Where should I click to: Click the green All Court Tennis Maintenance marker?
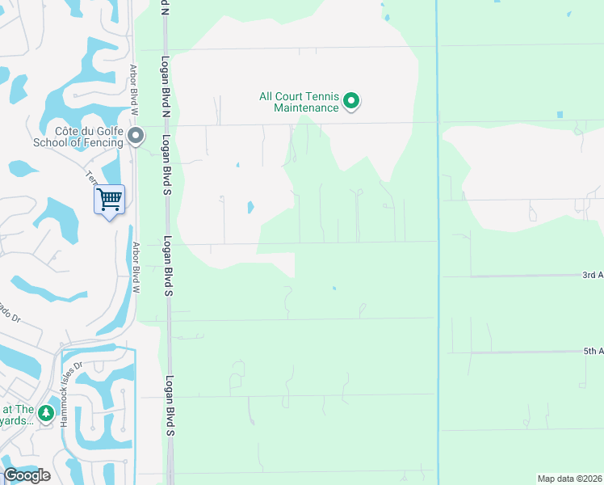(x=351, y=101)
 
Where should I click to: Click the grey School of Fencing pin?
(x=136, y=136)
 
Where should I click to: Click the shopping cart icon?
(x=109, y=198)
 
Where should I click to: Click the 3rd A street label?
(x=593, y=275)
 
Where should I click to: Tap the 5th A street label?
(x=593, y=351)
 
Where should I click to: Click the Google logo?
(x=27, y=475)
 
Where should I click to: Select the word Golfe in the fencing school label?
(x=109, y=131)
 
